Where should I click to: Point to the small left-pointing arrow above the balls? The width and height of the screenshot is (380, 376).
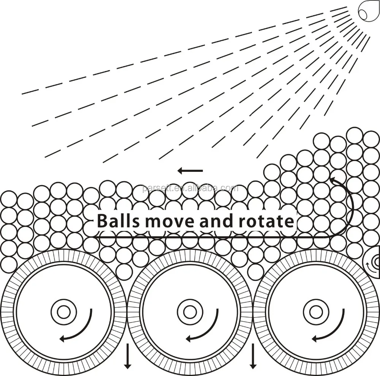190,171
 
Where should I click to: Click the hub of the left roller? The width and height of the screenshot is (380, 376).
63,312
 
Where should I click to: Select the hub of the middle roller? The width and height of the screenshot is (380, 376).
189,312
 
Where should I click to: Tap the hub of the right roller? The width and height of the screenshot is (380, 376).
315,312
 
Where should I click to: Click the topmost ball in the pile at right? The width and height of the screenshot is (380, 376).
355,135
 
